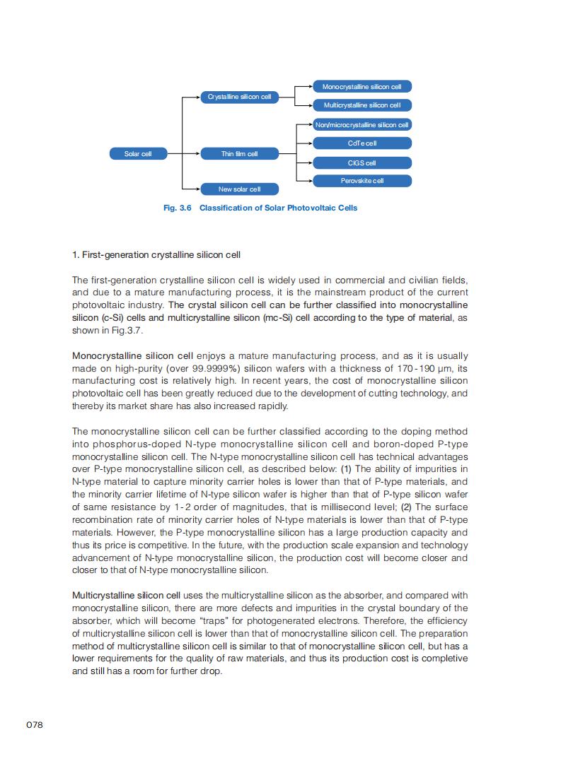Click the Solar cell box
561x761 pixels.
click(x=138, y=153)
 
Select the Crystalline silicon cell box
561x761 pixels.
click(x=239, y=97)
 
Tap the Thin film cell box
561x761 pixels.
click(x=239, y=153)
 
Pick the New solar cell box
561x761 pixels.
click(x=239, y=189)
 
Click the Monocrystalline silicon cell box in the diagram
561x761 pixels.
click(x=362, y=87)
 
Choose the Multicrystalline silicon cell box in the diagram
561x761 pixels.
click(x=362, y=105)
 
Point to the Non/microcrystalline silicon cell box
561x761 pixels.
click(x=362, y=125)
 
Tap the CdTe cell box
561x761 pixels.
click(x=362, y=143)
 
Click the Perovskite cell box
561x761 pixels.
click(x=362, y=181)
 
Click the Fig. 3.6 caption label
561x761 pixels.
click(x=178, y=208)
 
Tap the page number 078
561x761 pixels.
click(x=35, y=725)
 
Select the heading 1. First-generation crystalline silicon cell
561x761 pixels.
click(x=161, y=254)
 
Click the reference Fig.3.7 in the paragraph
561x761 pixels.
click(x=128, y=331)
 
